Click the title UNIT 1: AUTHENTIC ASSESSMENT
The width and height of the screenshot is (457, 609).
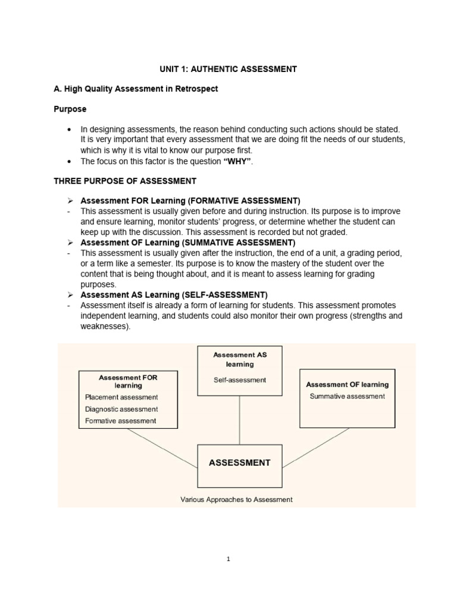pos(228,69)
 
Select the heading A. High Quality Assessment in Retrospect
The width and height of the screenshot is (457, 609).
pos(136,89)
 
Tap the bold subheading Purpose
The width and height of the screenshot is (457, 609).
pos(70,109)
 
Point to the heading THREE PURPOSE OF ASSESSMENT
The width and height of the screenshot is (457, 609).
pos(125,180)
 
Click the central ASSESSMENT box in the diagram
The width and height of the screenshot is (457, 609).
pos(240,462)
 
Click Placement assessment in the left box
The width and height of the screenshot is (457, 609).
pos(121,397)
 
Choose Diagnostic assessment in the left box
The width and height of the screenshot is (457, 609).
pos(121,409)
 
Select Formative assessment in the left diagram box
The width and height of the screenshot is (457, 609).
pos(120,420)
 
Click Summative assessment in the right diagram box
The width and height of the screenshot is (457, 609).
pos(348,396)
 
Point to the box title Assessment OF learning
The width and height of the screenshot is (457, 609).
pos(348,385)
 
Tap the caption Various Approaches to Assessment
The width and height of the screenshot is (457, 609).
pos(236,500)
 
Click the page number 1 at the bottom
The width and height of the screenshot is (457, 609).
pos(228,558)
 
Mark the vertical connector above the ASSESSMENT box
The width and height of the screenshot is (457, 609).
pos(240,419)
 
